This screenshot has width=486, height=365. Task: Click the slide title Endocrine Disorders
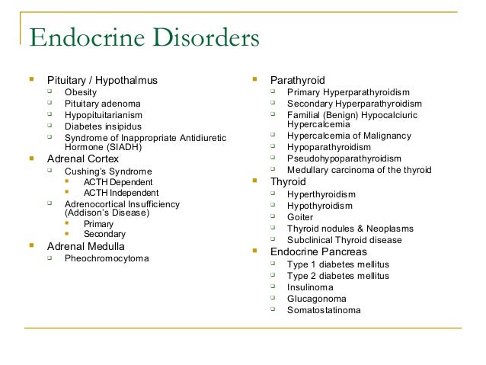click(144, 38)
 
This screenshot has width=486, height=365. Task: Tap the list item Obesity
click(81, 92)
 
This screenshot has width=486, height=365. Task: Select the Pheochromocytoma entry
click(107, 258)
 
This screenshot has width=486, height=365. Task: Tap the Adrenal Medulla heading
click(86, 246)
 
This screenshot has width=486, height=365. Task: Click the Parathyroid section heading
click(298, 79)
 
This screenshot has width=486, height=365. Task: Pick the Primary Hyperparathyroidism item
click(349, 92)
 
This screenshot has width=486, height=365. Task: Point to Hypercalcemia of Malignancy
click(349, 136)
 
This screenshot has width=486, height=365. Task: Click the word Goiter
click(300, 216)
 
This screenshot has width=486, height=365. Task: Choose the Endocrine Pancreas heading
click(318, 251)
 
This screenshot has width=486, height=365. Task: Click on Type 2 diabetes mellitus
click(338, 275)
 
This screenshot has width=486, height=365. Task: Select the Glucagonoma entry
click(316, 299)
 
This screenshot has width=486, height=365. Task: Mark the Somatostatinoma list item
click(324, 310)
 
